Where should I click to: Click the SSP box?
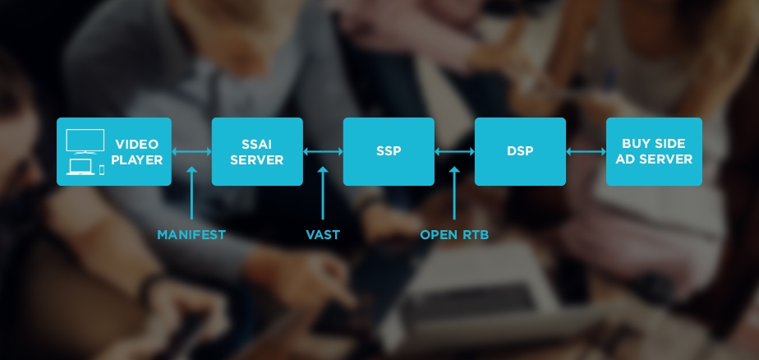pos(389,151)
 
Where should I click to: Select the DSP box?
pos(520,151)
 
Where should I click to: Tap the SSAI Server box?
pos(257,151)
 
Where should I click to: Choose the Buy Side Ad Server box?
pos(654,151)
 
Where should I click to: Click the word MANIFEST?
pos(191,235)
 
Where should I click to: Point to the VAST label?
pos(323,235)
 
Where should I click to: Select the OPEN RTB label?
pos(454,235)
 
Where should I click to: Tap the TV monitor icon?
pos(85,141)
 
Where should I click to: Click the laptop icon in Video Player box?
pos(80,167)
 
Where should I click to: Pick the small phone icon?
pos(102,169)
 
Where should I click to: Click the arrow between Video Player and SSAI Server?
pos(191,152)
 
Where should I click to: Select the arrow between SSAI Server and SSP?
pos(323,152)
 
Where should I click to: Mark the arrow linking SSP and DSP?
pos(454,152)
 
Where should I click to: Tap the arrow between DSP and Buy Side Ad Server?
pos(586,152)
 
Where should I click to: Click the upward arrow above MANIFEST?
pos(191,193)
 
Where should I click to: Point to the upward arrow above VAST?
pos(323,193)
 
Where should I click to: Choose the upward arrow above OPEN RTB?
pos(454,193)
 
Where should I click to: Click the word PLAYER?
pos(137,160)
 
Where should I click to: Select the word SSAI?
pos(257,144)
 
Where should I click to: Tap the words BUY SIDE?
pos(654,143)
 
